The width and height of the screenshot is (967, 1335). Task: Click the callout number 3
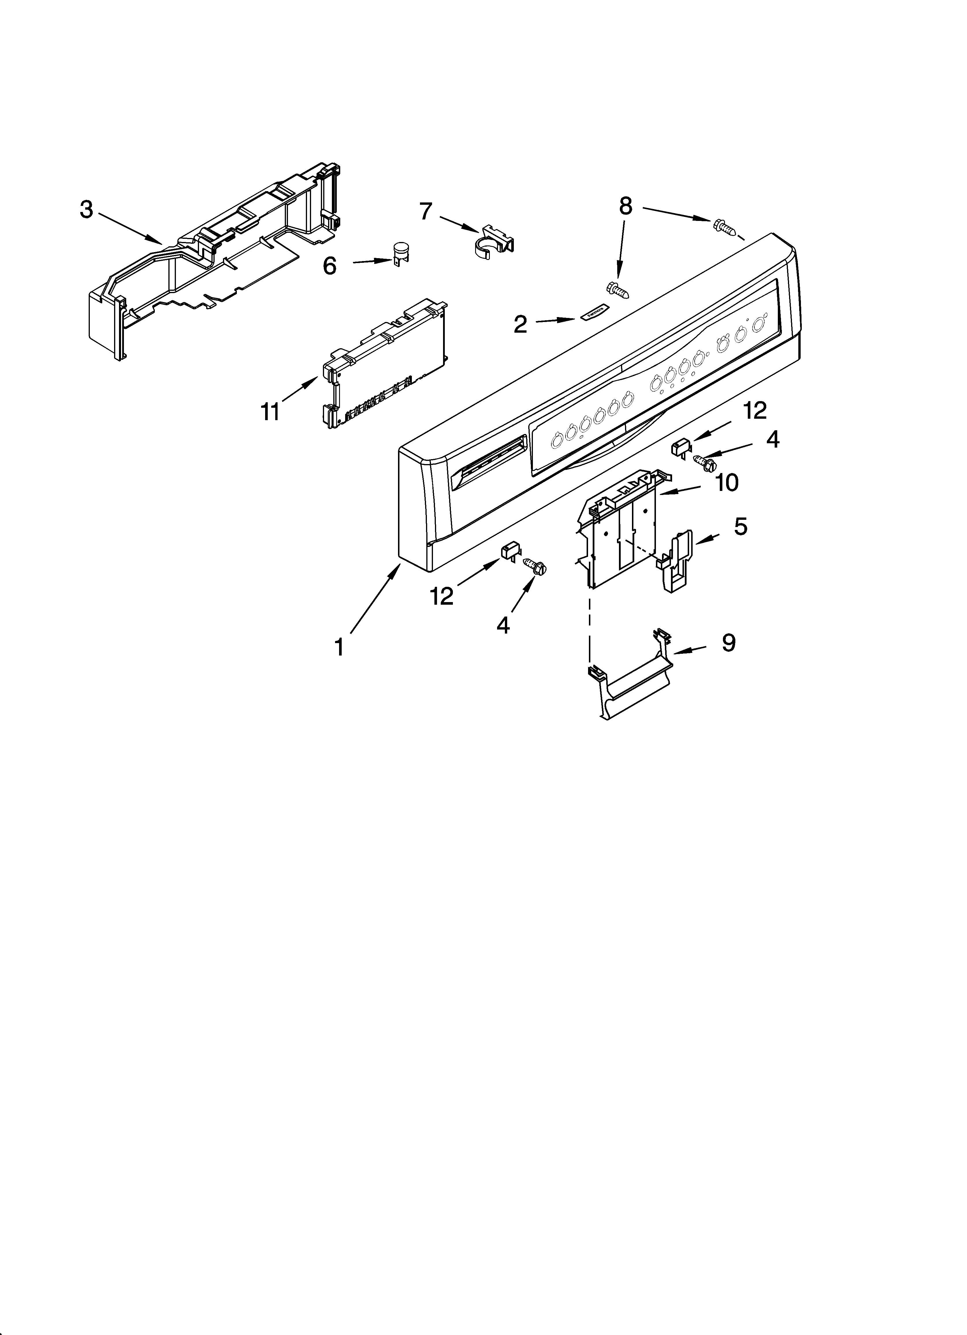[87, 210]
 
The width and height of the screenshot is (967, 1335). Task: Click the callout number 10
[727, 483]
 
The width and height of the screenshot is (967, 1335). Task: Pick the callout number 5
[740, 526]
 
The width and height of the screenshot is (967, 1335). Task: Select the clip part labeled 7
[494, 240]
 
